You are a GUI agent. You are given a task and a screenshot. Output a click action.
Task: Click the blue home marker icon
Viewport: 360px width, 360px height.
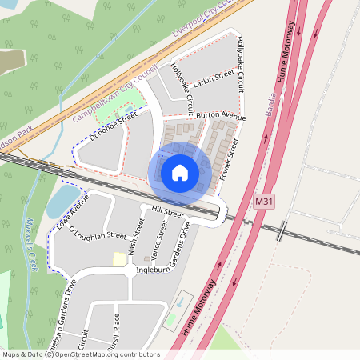point(180,173)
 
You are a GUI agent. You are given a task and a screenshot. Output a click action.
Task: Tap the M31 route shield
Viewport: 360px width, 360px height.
point(265,202)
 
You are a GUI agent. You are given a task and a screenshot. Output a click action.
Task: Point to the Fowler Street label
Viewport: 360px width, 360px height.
point(230,158)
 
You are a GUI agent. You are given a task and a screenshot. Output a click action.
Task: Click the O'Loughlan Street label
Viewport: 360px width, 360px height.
point(98,234)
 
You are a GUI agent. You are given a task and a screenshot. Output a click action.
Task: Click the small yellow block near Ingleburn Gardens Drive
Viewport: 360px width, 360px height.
point(119,259)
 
